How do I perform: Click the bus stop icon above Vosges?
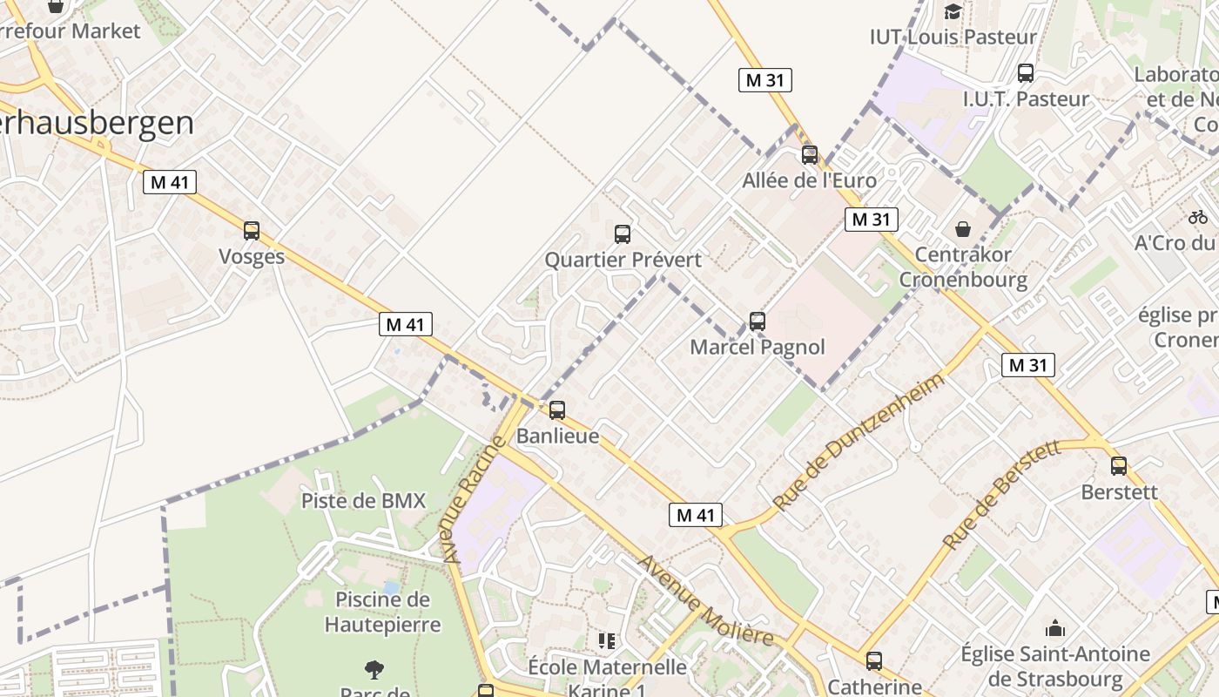pos(252,231)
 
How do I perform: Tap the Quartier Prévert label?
pos(623,260)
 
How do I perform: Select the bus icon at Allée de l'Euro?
pos(810,155)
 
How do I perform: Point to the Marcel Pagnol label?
pos(758,347)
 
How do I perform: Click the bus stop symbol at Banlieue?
pos(557,409)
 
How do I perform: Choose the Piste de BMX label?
pos(363,501)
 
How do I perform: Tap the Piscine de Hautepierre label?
pos(382,612)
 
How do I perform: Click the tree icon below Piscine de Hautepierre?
pos(374,670)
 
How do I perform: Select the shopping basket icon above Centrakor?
pos(963,229)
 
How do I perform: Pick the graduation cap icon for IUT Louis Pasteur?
pos(953,11)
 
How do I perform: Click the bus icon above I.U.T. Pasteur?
pos(1026,73)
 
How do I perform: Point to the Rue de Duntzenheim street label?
pos(857,443)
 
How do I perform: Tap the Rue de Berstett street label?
pos(1001,494)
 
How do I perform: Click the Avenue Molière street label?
pos(705,601)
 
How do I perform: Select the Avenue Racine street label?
pos(472,499)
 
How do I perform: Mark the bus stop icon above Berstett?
pos(1119,466)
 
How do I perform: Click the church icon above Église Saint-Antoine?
pos(1055,628)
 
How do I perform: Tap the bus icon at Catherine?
pos(874,661)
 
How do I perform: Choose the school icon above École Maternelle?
pos(607,641)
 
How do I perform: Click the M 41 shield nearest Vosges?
pos(170,182)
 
